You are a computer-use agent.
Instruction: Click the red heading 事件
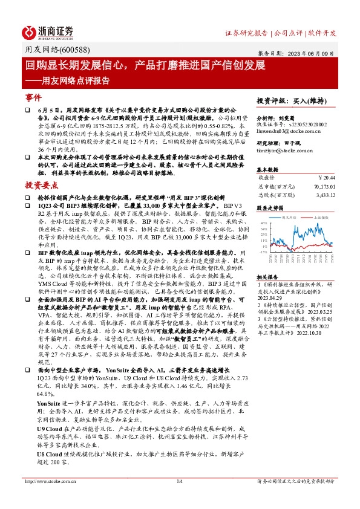(33, 97)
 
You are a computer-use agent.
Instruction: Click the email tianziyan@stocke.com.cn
(286, 150)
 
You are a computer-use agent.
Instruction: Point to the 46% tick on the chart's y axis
(264, 222)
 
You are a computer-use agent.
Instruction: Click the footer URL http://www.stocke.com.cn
(45, 498)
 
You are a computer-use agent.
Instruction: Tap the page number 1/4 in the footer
(179, 498)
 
